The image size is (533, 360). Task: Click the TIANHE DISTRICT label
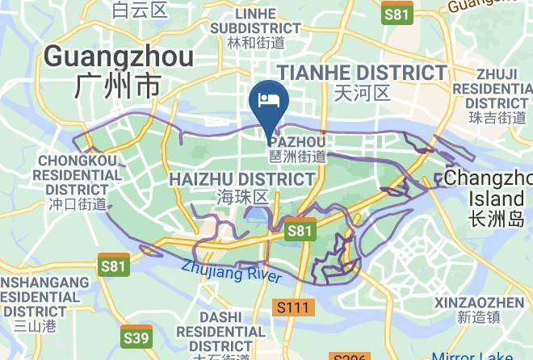click(362, 72)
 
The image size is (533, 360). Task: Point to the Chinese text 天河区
click(362, 93)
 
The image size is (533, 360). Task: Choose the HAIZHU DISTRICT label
click(242, 178)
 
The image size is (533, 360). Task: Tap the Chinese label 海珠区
click(242, 197)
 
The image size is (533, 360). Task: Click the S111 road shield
click(293, 308)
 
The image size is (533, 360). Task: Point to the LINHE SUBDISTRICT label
click(255, 22)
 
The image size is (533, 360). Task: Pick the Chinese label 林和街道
click(256, 42)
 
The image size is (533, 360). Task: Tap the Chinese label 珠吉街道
click(496, 118)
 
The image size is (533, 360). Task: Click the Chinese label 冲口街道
click(78, 204)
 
